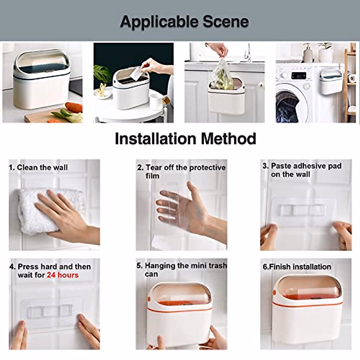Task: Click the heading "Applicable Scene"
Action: pyautogui.click(x=184, y=22)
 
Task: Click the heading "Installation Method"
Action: pyautogui.click(x=185, y=139)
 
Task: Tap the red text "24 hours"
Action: pyautogui.click(x=62, y=275)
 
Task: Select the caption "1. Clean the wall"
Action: pyautogui.click(x=38, y=167)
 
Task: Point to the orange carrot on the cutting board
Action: pyautogui.click(x=74, y=107)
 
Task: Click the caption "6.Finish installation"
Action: pyautogui.click(x=297, y=267)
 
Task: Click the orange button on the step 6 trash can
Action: pyautogui.click(x=274, y=293)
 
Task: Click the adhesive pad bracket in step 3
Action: pyautogui.click(x=301, y=210)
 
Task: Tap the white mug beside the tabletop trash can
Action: pyautogui.click(x=156, y=102)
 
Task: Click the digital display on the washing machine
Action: pyautogui.click(x=298, y=76)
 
